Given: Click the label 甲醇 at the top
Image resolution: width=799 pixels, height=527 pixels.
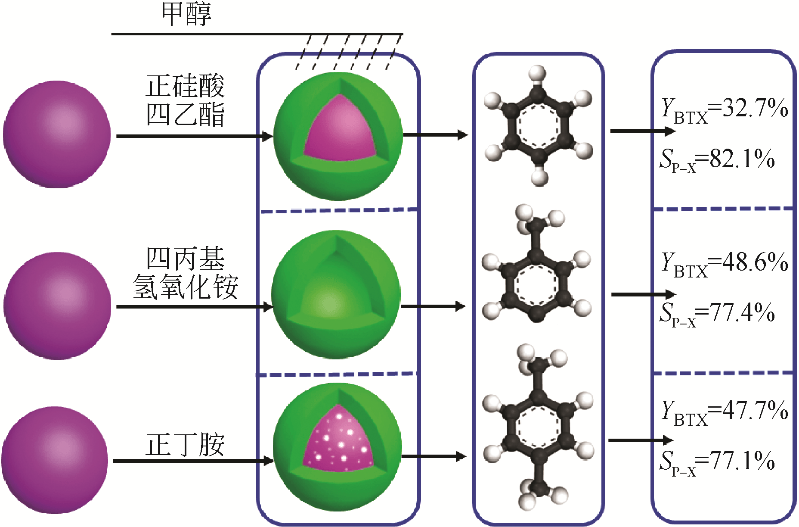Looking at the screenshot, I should [x=186, y=14].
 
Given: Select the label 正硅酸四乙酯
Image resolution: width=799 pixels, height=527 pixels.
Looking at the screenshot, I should [x=186, y=100].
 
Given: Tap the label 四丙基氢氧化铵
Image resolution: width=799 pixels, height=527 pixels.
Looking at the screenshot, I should [x=186, y=273].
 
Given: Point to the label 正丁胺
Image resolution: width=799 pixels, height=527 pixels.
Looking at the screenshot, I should [x=186, y=445].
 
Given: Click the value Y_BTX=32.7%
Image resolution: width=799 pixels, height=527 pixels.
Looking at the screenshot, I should [x=725, y=109].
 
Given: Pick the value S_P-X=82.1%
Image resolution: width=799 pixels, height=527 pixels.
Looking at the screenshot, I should [x=717, y=160].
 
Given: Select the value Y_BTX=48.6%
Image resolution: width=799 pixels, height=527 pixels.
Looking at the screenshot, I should [x=725, y=263].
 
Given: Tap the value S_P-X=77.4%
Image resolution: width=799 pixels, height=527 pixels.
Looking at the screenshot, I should [x=717, y=313].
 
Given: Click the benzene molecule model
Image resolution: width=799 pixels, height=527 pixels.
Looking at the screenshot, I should [x=538, y=126].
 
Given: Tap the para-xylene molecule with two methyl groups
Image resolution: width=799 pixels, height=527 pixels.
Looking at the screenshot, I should [x=538, y=427].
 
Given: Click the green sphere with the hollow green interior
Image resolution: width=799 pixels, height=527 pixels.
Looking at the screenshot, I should [x=336, y=295].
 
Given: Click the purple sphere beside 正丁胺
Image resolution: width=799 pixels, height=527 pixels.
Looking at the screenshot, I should [x=55, y=460].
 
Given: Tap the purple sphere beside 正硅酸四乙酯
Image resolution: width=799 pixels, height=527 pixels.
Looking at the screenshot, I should [x=57, y=134].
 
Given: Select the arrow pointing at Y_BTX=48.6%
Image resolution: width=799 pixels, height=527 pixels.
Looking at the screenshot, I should [x=643, y=295].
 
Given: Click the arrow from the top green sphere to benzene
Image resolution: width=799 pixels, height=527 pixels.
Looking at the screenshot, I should [x=435, y=135].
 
